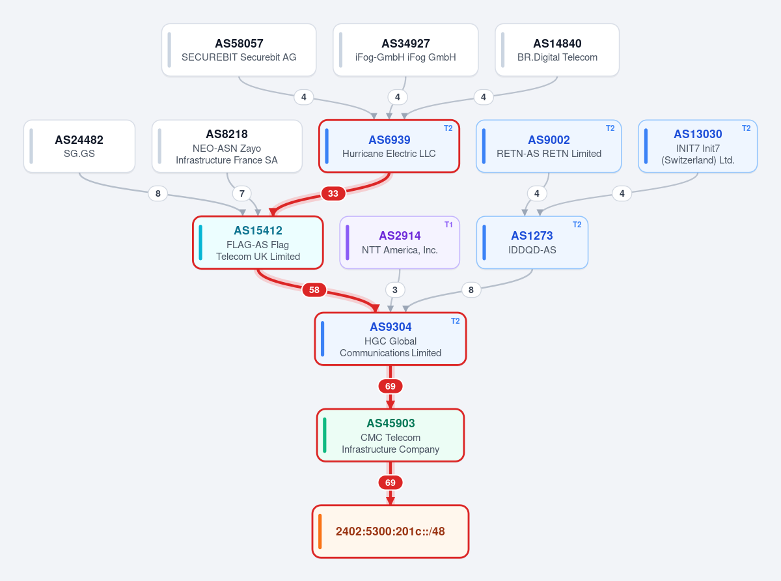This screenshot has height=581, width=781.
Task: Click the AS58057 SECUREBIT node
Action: coord(239,50)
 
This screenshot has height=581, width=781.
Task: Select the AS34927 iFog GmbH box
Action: coord(405,50)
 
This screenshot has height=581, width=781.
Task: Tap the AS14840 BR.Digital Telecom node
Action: coord(557,50)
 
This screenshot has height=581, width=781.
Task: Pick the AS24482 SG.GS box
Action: coord(79,147)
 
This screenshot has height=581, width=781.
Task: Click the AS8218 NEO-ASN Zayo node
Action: coord(226,147)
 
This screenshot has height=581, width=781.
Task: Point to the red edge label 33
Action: coord(333,193)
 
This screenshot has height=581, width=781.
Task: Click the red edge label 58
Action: coord(314,290)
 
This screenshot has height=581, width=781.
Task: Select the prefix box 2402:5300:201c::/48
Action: coord(390,531)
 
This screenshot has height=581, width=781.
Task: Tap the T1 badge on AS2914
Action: coord(448,225)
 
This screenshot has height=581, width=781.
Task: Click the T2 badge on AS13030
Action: coord(746,128)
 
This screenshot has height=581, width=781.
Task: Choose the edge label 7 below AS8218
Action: coord(241,193)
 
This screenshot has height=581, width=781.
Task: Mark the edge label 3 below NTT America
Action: coord(394,290)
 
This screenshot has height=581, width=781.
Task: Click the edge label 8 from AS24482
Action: coord(158,193)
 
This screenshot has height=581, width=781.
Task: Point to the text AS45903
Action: coord(390,423)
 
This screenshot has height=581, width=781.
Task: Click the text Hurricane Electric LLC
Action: coord(389,154)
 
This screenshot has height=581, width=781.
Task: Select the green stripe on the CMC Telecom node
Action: coord(324,435)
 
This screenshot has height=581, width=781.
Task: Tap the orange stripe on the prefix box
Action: coord(320,531)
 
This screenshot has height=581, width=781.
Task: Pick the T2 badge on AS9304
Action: coord(456,321)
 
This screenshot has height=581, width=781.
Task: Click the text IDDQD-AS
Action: coord(532,250)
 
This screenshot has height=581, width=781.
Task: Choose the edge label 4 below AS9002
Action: coord(537,193)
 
